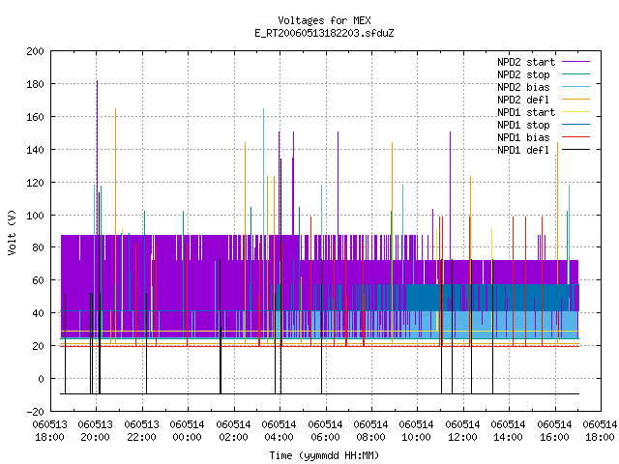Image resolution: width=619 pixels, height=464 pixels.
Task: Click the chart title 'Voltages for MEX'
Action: pyautogui.click(x=324, y=20)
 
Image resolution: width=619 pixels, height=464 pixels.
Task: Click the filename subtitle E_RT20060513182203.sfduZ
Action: pyautogui.click(x=324, y=33)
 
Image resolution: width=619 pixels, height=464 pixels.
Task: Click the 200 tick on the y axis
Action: pyautogui.click(x=35, y=51)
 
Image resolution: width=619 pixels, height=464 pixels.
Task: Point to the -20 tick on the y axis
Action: pyautogui.click(x=35, y=412)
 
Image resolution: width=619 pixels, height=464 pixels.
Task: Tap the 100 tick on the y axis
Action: pyautogui.click(x=35, y=216)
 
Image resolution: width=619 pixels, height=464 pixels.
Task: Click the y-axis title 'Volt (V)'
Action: pyautogui.click(x=13, y=233)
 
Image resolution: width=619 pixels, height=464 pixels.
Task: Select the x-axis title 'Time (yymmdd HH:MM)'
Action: pyautogui.click(x=324, y=455)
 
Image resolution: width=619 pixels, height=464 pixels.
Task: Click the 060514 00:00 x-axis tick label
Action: pyautogui.click(x=187, y=431)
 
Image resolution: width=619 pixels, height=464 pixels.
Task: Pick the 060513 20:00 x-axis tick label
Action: pyautogui.click(x=95, y=431)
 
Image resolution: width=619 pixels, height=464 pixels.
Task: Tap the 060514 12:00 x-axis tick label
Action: pyautogui.click(x=462, y=431)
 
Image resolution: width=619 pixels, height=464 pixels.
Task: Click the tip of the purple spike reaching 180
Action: pyautogui.click(x=97, y=81)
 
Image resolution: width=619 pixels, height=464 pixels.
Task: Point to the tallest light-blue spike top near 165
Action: pyautogui.click(x=264, y=108)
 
